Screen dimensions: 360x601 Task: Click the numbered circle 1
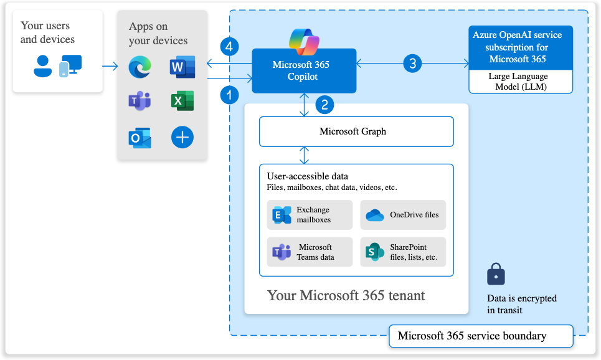click(x=230, y=95)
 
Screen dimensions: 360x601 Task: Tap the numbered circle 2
click(x=324, y=105)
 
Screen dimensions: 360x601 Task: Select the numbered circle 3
click(x=412, y=63)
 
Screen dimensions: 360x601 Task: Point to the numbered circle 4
click(x=230, y=47)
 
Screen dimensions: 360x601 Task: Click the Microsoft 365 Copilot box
click(x=304, y=70)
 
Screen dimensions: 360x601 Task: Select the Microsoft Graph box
click(x=356, y=131)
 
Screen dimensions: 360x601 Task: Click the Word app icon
click(x=182, y=67)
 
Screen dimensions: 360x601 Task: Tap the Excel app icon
click(x=182, y=101)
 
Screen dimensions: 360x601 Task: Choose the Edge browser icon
click(x=140, y=67)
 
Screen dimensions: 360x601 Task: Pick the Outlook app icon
click(x=140, y=138)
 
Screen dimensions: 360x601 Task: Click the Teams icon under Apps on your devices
click(x=140, y=102)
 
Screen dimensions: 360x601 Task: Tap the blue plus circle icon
click(x=182, y=138)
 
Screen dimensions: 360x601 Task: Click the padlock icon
click(x=496, y=273)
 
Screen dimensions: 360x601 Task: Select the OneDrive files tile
click(x=403, y=215)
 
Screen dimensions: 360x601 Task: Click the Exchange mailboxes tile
click(x=310, y=215)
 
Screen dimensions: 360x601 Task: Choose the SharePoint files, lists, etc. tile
click(x=403, y=252)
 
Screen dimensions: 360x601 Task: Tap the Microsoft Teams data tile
click(x=310, y=252)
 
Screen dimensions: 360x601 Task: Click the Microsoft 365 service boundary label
click(x=480, y=336)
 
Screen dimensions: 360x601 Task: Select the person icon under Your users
click(x=43, y=66)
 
